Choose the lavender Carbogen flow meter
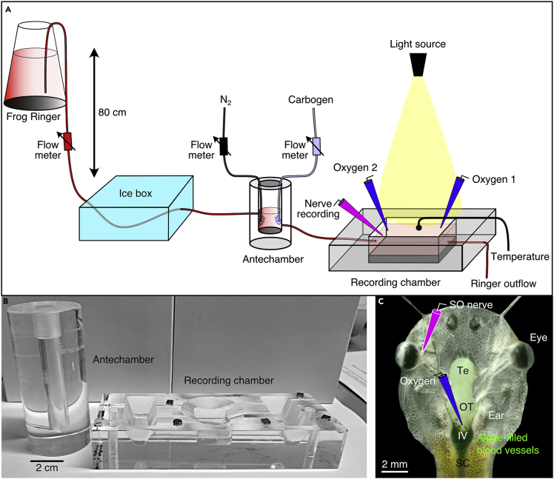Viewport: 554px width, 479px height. pos(316,147)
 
